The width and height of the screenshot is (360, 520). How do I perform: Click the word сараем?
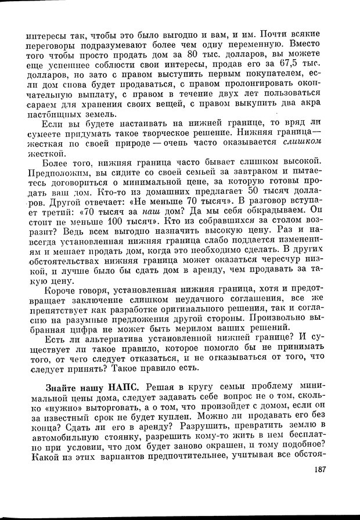(x=44, y=104)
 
